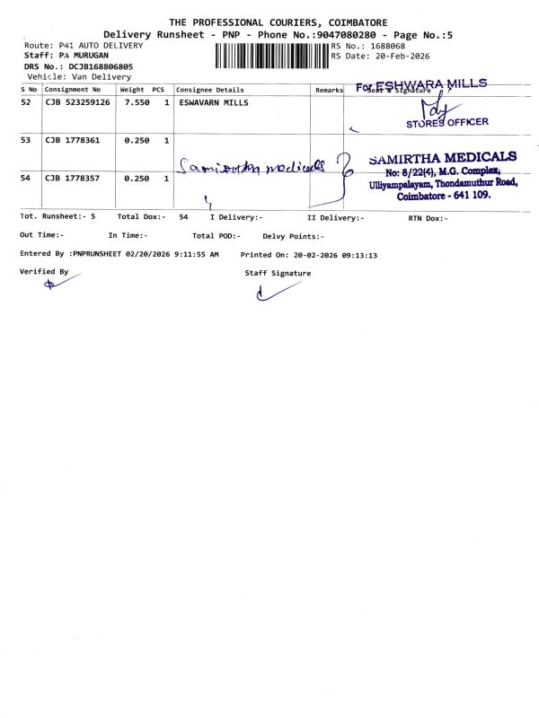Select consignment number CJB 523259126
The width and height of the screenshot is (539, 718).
77,103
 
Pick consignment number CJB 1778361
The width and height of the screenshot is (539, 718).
72,141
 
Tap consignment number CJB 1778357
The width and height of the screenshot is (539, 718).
72,179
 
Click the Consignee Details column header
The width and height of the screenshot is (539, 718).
209,90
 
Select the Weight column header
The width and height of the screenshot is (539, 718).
132,90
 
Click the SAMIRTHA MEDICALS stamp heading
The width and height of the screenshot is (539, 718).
442,158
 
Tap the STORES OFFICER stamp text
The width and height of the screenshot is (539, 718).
447,122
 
